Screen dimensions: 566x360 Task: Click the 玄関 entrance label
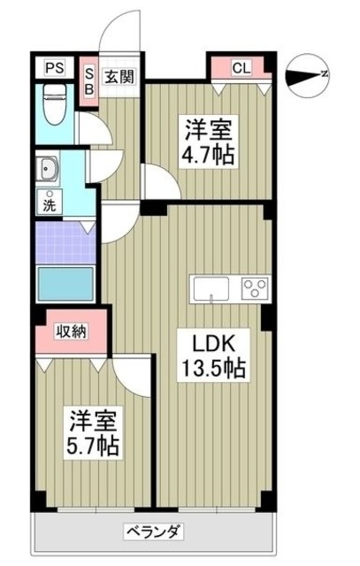120,76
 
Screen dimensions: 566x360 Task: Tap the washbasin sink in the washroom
46,168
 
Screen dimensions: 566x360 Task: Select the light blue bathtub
65,285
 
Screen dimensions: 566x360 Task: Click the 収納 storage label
72,332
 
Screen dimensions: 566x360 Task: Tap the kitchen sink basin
211,288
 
